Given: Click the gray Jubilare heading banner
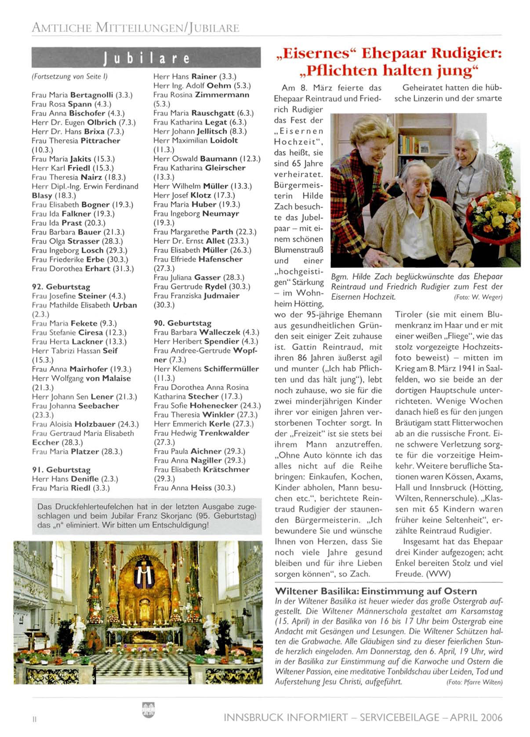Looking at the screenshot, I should (x=146, y=58).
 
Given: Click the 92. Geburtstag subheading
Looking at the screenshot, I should (x=61, y=287).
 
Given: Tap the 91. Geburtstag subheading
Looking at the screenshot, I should (x=61, y=470).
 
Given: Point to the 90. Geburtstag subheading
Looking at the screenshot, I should (x=182, y=323).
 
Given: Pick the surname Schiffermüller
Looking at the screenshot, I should (x=231, y=369).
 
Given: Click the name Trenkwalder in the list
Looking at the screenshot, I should (x=224, y=433).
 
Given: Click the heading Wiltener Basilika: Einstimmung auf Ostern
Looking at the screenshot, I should (x=376, y=591).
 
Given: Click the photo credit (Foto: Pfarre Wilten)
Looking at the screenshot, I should (x=474, y=682).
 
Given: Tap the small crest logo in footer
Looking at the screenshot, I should (x=149, y=709).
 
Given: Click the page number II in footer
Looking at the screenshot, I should (x=34, y=719).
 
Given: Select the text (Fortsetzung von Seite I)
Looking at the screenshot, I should (x=69, y=77).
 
